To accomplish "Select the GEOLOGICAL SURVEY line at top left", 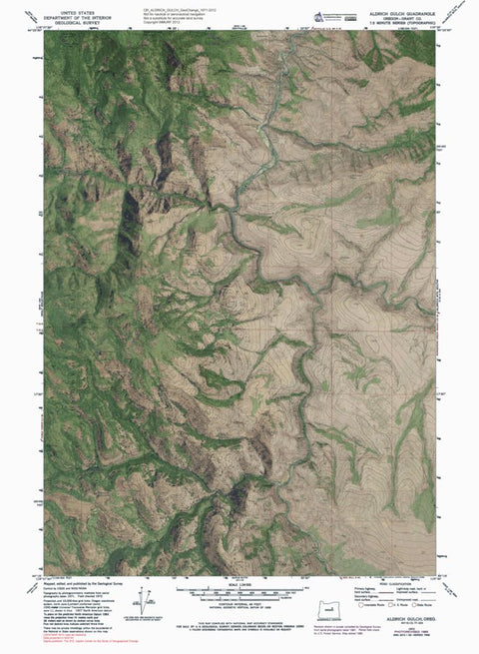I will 72,23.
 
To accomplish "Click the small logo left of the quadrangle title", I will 321,15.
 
